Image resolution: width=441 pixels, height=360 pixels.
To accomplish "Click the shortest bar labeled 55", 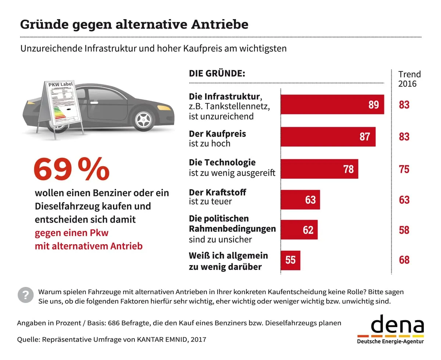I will pyautogui.click(x=290, y=260).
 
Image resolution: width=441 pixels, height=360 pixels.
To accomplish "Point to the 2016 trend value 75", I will pyautogui.click(x=404, y=169).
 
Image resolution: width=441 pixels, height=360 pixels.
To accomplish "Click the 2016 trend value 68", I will pyautogui.click(x=404, y=260).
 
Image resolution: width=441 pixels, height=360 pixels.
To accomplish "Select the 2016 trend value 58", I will pyautogui.click(x=404, y=230).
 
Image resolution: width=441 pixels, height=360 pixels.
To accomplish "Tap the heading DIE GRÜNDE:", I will pyautogui.click(x=217, y=73).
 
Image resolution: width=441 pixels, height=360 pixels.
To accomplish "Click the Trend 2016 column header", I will pyautogui.click(x=409, y=79).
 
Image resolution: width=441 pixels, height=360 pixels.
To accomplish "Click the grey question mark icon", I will pyautogui.click(x=25, y=295).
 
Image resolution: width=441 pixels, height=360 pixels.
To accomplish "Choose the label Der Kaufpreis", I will pyautogui.click(x=217, y=133).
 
